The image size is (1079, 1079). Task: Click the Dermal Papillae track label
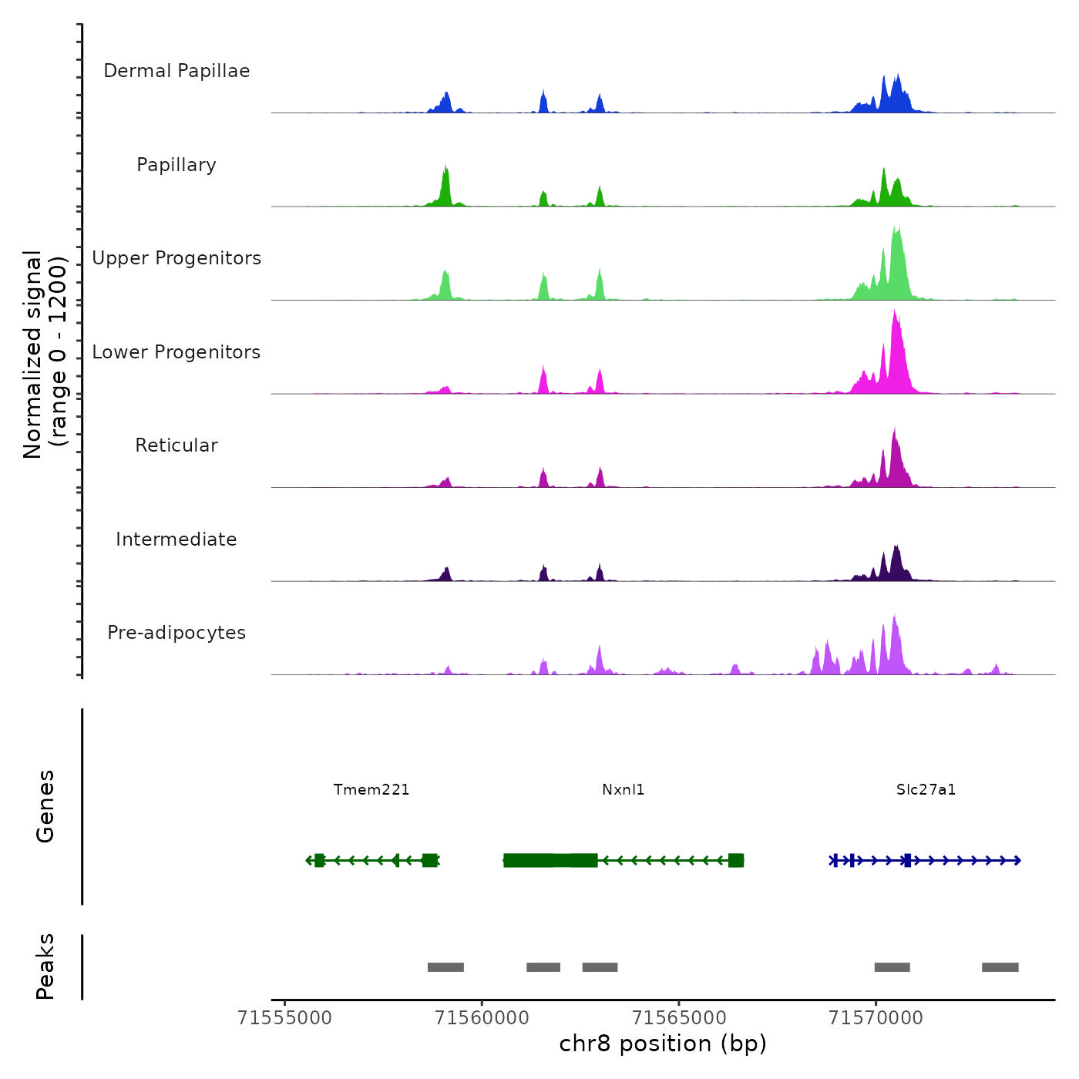176,71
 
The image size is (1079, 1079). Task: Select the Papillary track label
176,165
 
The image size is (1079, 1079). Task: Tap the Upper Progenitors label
176,258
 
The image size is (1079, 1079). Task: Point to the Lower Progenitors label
176,352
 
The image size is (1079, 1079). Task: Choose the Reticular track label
176,445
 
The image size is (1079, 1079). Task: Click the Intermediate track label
176,539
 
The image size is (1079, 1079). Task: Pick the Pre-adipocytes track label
176,633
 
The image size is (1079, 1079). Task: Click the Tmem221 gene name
371,789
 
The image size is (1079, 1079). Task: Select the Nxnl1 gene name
624,789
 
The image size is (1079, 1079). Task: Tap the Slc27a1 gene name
926,789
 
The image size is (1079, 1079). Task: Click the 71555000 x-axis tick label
285,1018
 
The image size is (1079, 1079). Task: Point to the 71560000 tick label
482,1018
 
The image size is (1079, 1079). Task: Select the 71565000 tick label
679,1018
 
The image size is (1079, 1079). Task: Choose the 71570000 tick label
876,1018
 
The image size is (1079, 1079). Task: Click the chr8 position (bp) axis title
663,1044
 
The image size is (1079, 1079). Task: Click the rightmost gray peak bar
1000,967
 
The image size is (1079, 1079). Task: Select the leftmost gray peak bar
445,967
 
